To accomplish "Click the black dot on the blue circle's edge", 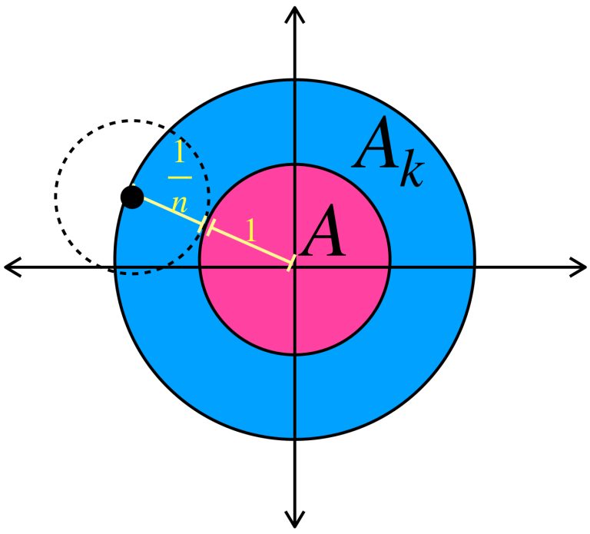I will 132,197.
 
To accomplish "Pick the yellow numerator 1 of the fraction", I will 179,154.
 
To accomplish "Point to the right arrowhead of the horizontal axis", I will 581,267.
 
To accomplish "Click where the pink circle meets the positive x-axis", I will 390,267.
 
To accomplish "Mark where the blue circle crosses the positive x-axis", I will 475,267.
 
